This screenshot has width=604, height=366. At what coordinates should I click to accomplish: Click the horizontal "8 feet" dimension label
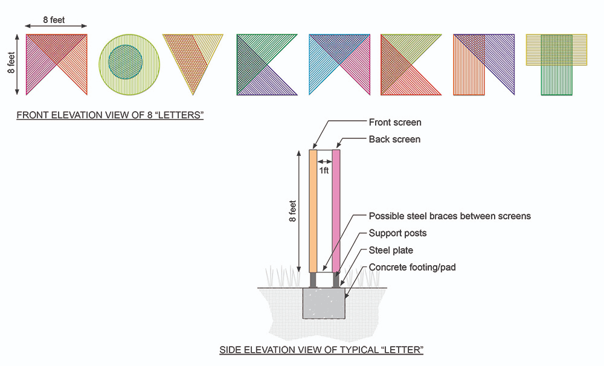click(x=54, y=20)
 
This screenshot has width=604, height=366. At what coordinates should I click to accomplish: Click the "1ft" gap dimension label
click(x=324, y=171)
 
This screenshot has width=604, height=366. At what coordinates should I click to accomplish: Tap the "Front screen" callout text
click(x=395, y=123)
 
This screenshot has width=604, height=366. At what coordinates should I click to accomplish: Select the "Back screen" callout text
click(x=394, y=140)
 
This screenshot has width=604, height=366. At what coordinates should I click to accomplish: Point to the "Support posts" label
click(x=397, y=233)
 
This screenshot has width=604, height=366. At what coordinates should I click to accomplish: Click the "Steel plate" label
click(x=391, y=250)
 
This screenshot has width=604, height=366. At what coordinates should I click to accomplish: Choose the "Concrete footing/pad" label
click(x=412, y=267)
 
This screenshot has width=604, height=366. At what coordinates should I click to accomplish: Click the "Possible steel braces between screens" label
click(x=450, y=216)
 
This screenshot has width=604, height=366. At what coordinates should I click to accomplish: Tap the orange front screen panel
click(x=313, y=211)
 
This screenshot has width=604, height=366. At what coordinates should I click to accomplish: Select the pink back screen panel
click(x=336, y=211)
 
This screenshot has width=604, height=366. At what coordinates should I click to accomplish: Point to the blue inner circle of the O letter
click(x=126, y=61)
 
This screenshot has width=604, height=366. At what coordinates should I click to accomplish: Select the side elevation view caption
click(x=321, y=350)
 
